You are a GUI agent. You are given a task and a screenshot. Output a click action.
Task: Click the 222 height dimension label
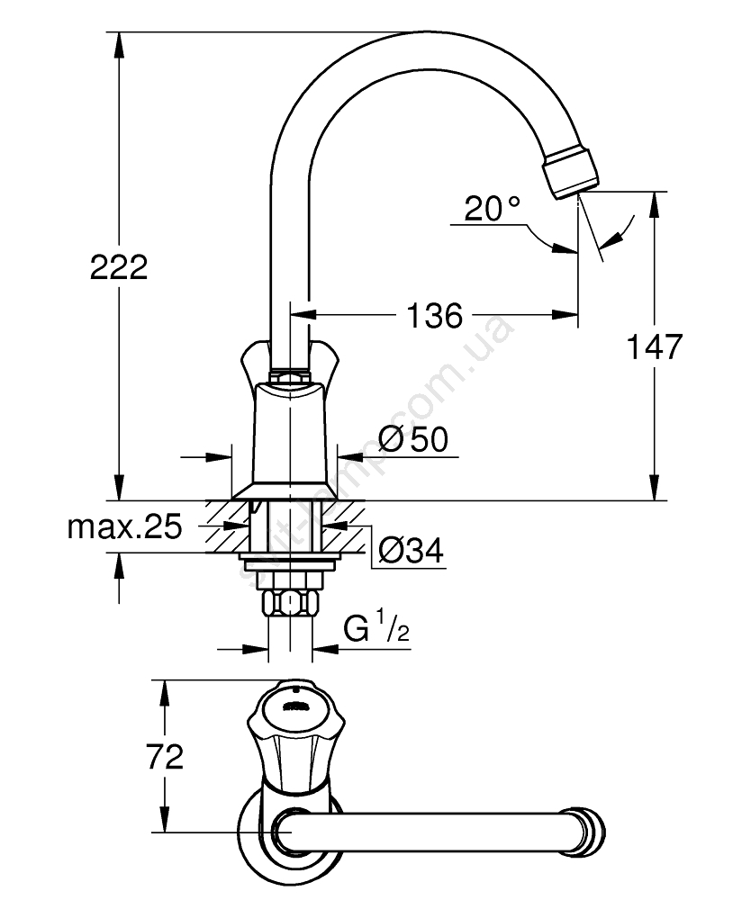click(x=118, y=267)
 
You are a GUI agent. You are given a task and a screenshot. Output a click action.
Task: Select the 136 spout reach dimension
click(x=434, y=315)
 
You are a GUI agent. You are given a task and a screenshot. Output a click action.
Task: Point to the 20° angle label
click(x=493, y=210)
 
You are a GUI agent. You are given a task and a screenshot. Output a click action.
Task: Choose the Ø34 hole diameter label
click(x=411, y=551)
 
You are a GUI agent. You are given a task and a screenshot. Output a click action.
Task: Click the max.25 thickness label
click(x=125, y=527)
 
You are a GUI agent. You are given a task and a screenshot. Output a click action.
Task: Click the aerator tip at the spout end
click(x=570, y=174)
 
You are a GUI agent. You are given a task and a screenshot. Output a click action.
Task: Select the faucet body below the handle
click(x=288, y=432)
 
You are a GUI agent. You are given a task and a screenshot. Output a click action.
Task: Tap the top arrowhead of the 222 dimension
click(x=118, y=41)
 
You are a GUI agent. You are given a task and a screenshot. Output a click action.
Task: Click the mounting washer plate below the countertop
click(x=288, y=564)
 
